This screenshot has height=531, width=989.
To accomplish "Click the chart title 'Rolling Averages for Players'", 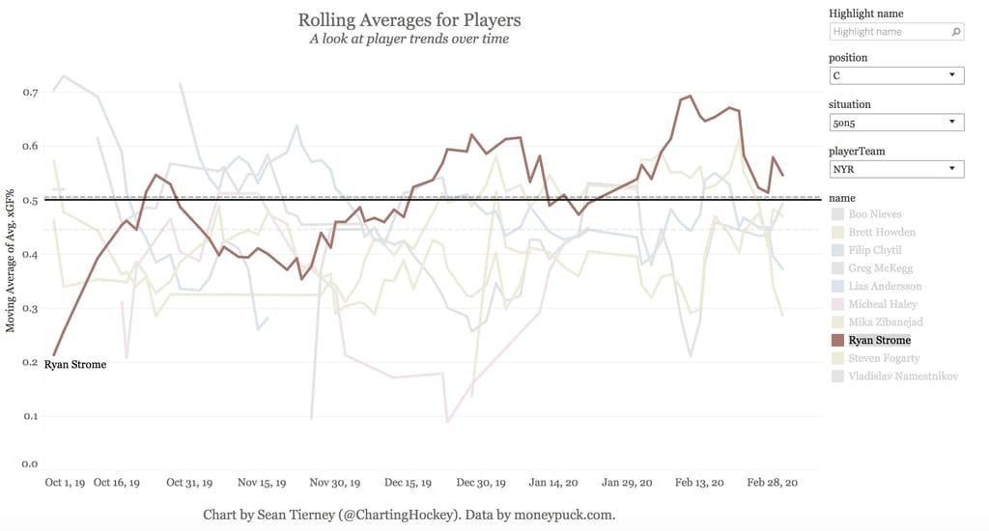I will pos(409,19).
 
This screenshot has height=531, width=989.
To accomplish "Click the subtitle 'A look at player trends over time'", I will pos(409,39).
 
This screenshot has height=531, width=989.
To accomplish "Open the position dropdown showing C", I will pos(896,75).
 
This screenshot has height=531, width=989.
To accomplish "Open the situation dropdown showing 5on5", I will pos(896,122).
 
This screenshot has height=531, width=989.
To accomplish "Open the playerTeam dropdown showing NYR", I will pos(896,169).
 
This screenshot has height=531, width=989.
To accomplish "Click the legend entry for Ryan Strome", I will pos(879,340).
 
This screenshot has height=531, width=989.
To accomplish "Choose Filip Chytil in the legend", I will pos(875,250).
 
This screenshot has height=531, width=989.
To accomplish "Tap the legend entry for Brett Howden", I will pos(882,233).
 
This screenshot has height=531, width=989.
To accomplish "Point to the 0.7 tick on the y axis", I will pos(30,93).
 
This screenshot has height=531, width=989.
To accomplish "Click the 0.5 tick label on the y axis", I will pos(30,201).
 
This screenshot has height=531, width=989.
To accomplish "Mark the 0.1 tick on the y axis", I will pos(30,417).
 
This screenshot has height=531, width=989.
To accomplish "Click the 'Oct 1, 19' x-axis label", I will pos(67,482).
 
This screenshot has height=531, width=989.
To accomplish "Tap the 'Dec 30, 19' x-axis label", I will pos(481,482).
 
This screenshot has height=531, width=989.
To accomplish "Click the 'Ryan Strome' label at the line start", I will pos(75,365).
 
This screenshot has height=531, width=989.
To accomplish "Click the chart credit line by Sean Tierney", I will pos(409,515).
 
